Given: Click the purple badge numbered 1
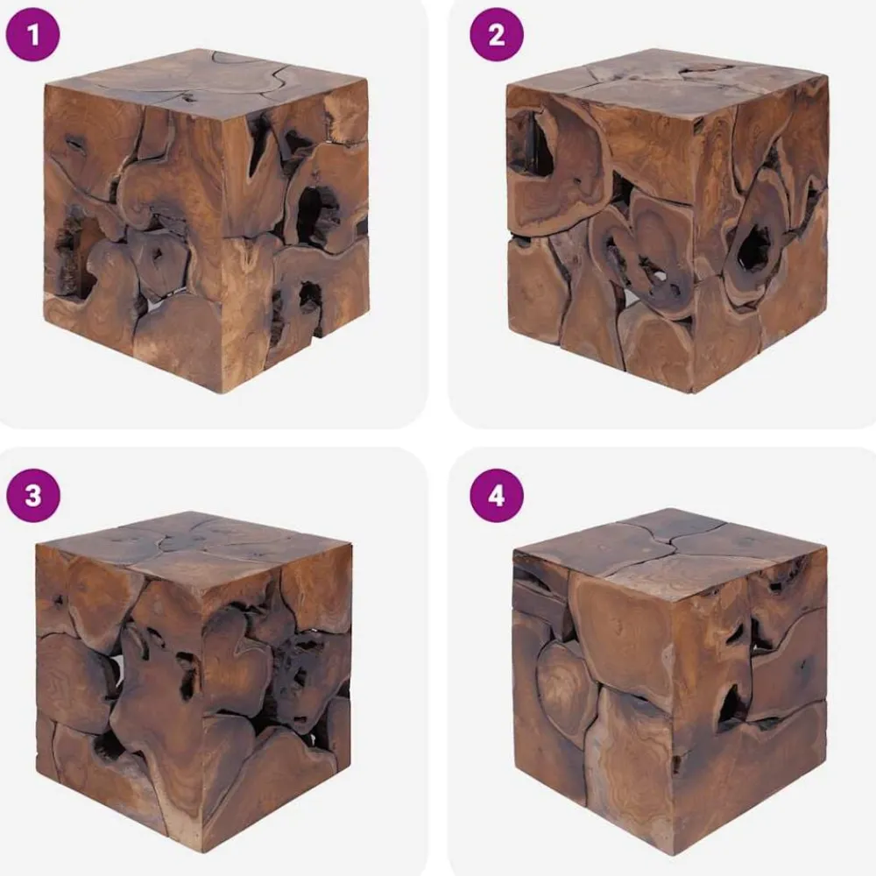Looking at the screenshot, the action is click(x=32, y=34).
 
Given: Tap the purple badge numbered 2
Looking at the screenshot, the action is click(x=497, y=34).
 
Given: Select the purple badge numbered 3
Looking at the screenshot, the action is click(x=33, y=496).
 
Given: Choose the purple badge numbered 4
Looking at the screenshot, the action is click(x=497, y=496).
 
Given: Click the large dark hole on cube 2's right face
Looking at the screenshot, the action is click(x=755, y=249).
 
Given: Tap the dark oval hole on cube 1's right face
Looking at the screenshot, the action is click(x=312, y=215).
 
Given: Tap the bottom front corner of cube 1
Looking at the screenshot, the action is click(x=223, y=392).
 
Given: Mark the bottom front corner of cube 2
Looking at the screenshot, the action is click(x=693, y=392).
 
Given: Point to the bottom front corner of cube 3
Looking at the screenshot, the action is click(x=203, y=851).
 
